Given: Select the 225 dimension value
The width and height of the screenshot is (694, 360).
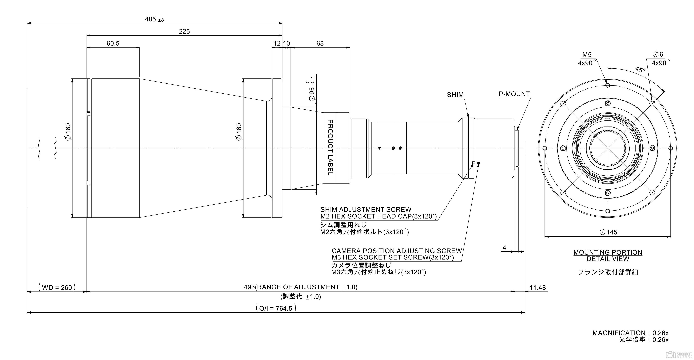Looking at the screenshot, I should [x=184, y=31].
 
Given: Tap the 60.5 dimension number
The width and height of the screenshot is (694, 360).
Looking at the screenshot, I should [x=113, y=43].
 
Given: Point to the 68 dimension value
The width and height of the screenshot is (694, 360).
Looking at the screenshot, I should [x=320, y=43].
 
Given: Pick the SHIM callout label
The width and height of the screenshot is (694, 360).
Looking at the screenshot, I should [x=455, y=95].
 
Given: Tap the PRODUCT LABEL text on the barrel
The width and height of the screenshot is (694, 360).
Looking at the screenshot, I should [x=330, y=148].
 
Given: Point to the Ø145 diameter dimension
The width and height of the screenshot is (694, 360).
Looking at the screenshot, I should [x=608, y=232].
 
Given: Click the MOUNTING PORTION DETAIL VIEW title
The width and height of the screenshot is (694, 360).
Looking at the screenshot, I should [x=608, y=256].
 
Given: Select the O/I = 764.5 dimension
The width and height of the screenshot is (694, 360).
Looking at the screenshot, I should [x=276, y=308].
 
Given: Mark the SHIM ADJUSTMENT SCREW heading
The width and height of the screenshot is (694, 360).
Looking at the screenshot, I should [x=366, y=210].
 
